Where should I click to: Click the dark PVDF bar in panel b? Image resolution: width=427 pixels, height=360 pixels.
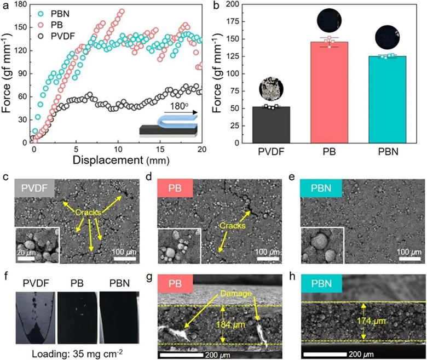click(269, 125)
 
